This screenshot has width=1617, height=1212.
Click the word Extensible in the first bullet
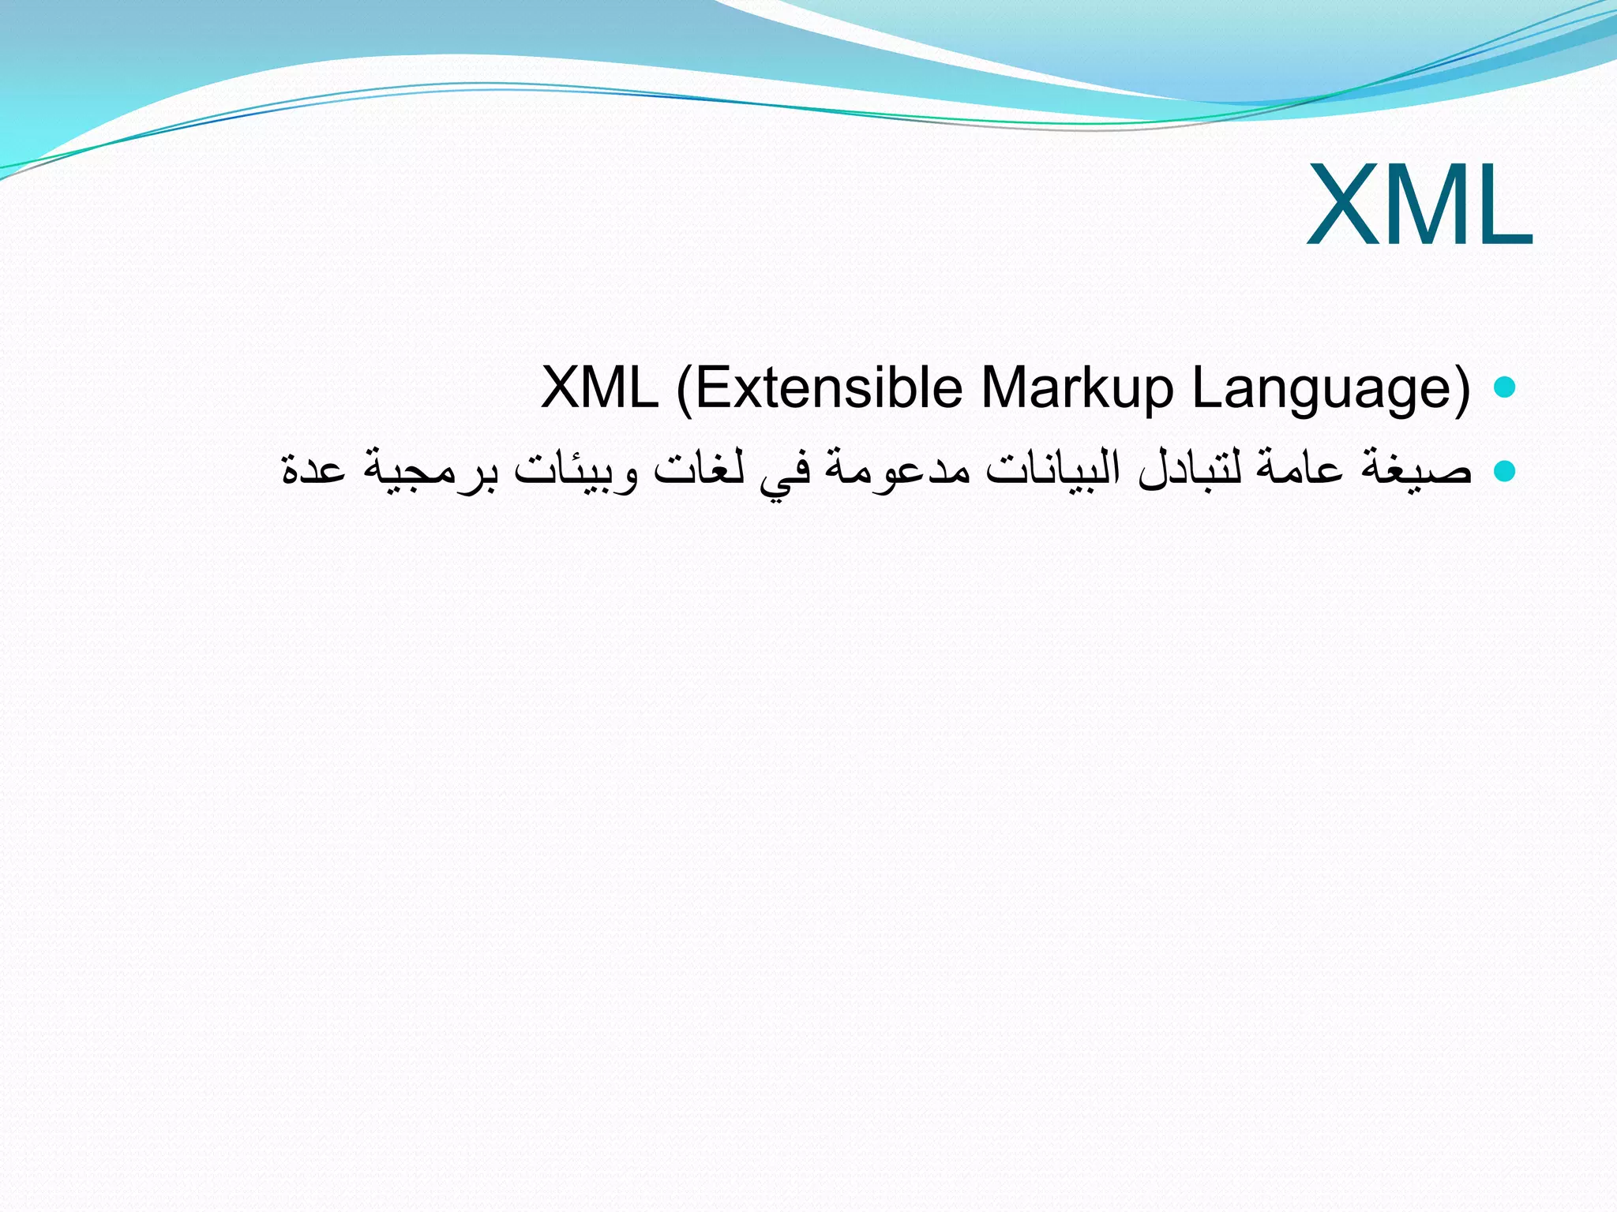click(x=828, y=388)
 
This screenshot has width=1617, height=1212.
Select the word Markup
click(x=1077, y=388)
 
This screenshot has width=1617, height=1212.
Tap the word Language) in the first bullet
click(x=1331, y=388)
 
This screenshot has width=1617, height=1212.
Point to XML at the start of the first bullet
click(x=600, y=388)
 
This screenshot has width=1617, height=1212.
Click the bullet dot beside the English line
click(x=1505, y=387)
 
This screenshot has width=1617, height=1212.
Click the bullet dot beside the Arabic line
click(x=1505, y=470)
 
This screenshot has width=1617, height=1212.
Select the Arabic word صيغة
click(x=1416, y=470)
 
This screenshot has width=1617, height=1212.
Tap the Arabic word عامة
click(x=1300, y=470)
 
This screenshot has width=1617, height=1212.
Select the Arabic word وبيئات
click(x=576, y=470)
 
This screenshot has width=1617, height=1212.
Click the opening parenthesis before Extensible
click(x=684, y=388)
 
